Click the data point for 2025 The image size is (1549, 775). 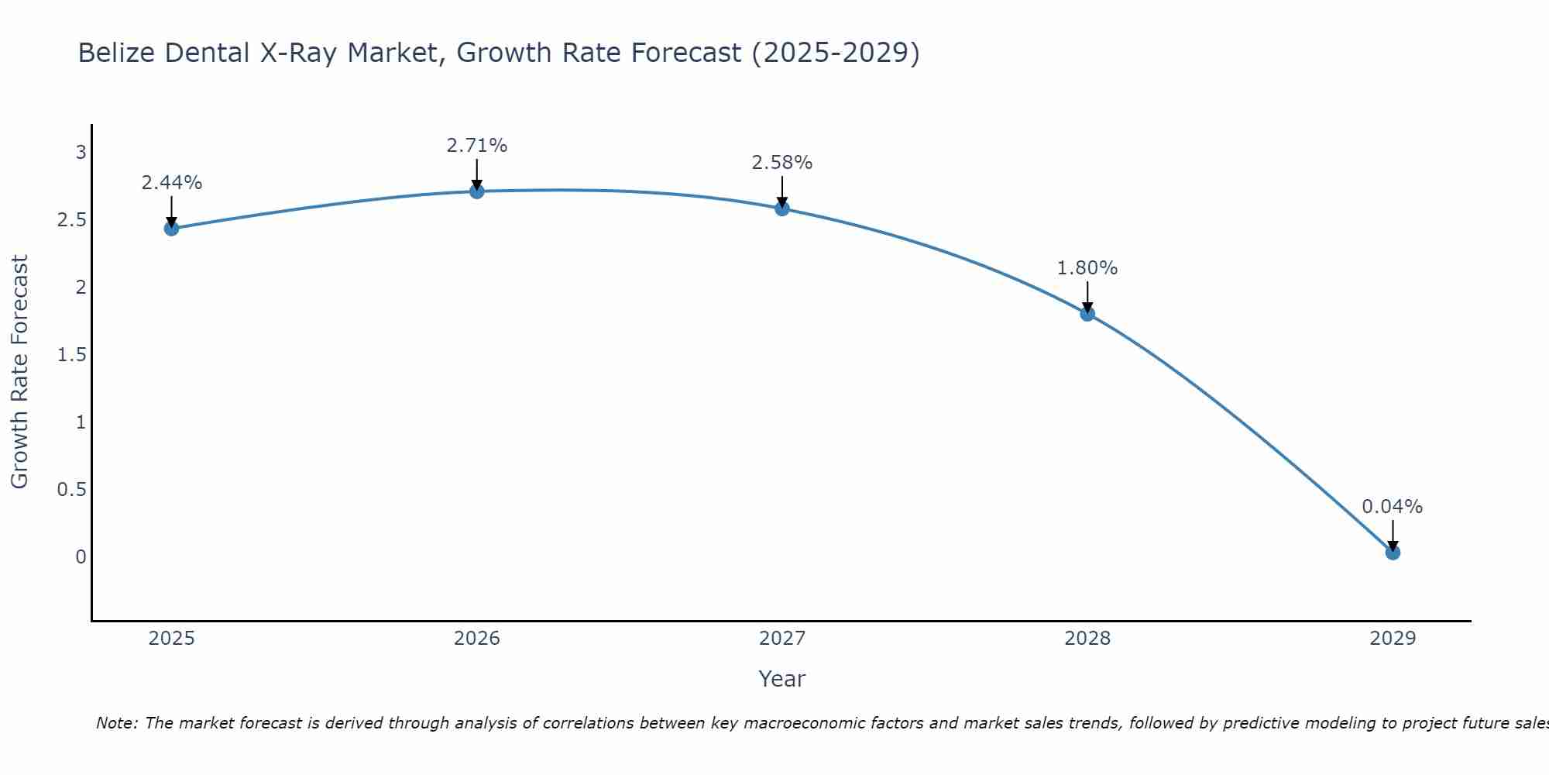click(172, 228)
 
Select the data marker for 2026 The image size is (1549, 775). click(477, 191)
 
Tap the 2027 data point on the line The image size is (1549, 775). click(782, 208)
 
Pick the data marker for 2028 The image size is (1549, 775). click(1087, 314)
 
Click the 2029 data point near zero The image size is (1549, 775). click(1393, 553)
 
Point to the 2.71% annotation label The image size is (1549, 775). click(477, 146)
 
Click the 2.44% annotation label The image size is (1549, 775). click(172, 183)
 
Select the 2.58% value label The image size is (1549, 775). click(782, 163)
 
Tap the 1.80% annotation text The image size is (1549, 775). click(1087, 268)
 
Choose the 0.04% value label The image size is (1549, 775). click(1393, 507)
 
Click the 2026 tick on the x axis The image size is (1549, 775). click(477, 639)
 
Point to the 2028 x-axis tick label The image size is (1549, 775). click(1087, 639)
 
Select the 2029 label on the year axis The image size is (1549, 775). click(1393, 639)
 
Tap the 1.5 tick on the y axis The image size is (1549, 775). click(71, 355)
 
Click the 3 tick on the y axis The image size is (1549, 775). click(81, 153)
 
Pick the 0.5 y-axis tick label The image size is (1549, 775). click(71, 490)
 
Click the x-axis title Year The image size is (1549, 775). click(782, 679)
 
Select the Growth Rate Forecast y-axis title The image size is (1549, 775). click(20, 372)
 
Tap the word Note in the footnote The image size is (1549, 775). click(116, 723)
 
